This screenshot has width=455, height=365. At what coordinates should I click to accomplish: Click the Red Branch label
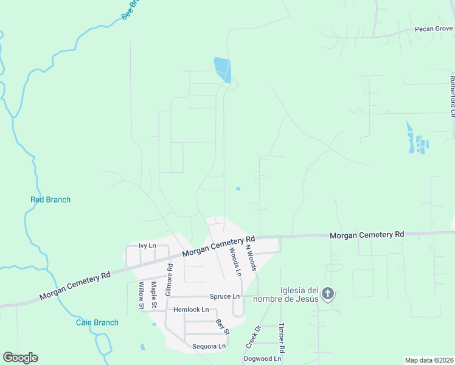click(x=50, y=200)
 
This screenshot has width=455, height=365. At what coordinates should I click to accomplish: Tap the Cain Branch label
click(x=97, y=322)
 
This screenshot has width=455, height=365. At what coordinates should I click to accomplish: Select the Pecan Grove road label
click(x=434, y=29)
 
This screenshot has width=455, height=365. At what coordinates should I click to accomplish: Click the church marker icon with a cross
click(x=327, y=294)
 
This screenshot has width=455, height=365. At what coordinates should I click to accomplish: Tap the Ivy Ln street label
click(x=147, y=246)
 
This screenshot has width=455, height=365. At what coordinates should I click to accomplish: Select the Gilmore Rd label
click(x=169, y=271)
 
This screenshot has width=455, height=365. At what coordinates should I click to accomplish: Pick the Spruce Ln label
click(x=224, y=297)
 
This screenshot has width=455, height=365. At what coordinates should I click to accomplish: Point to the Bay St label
click(x=223, y=327)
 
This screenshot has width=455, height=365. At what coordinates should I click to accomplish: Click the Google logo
click(x=20, y=358)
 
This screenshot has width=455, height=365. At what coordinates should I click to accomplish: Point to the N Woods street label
click(x=251, y=256)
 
